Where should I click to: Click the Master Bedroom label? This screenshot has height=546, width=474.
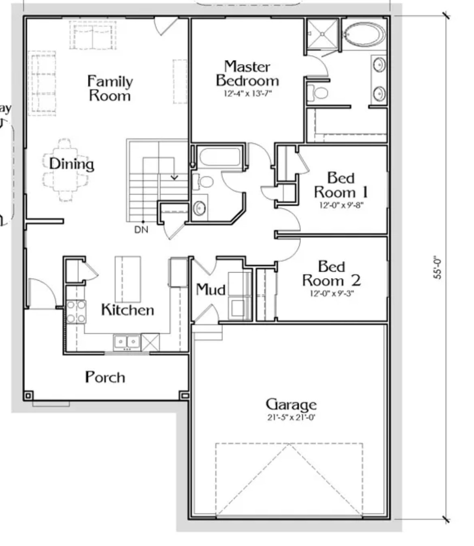tap(247, 73)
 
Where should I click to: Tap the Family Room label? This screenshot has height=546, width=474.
tap(110, 88)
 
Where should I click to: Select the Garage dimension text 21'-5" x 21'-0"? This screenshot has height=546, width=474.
tap(291, 417)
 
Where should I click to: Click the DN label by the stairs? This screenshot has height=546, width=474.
tap(141, 230)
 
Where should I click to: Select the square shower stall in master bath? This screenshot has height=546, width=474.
tap(322, 34)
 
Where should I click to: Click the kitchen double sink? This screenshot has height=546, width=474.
tap(127, 342)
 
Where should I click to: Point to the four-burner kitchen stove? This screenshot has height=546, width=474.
tap(76, 312)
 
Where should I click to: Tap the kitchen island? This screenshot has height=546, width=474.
tap(128, 279)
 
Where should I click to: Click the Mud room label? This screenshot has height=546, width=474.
tap(210, 290)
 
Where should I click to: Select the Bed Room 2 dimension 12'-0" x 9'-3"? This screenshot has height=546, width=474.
tap(331, 293)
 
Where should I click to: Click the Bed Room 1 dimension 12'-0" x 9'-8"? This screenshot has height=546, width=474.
tap(341, 205)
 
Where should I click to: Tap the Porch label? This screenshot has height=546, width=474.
tap(105, 377)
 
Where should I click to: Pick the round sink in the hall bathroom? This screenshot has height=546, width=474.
tap(199, 208)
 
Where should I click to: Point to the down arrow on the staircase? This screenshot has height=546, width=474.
tap(174, 177)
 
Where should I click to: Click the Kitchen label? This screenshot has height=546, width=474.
tap(127, 310)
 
